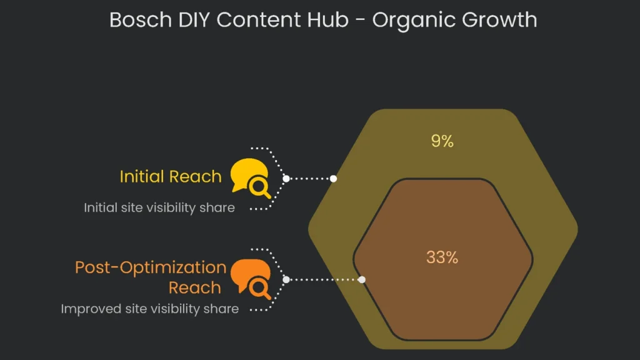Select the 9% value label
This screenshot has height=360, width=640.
point(442,141)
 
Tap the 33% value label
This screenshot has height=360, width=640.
point(442,257)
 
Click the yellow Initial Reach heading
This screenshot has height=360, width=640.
point(171,176)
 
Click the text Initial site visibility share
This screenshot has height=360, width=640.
point(159,207)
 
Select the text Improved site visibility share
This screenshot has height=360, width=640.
point(149,309)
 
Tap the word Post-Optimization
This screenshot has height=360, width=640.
point(151,267)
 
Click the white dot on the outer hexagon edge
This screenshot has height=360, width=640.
point(334,179)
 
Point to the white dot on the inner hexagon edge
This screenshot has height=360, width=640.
point(362,279)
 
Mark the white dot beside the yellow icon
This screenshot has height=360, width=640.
point(286,179)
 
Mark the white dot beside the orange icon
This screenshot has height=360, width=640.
point(286,279)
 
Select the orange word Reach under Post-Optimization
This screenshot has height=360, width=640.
point(195,288)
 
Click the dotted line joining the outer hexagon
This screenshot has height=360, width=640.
point(310,179)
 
